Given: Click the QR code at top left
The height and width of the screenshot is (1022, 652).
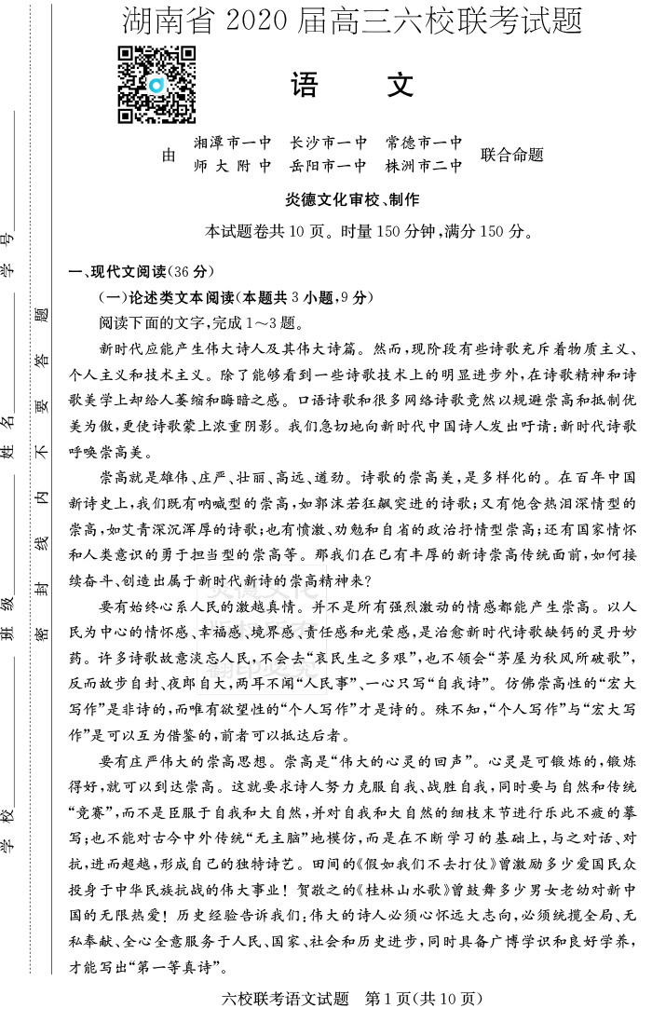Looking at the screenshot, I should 156,85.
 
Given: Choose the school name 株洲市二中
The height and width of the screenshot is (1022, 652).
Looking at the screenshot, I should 424,167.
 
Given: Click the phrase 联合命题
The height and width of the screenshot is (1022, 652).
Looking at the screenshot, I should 511,155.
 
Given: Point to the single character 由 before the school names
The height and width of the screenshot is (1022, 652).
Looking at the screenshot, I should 169,156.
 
